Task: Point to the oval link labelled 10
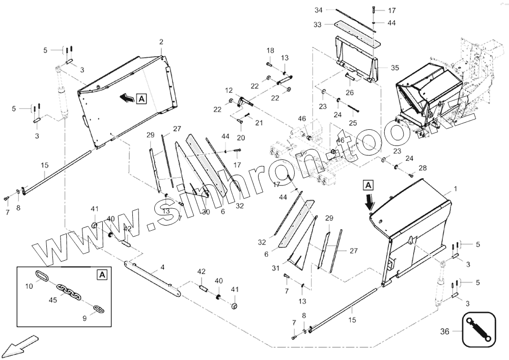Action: point(42,276)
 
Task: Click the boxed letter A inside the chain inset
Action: point(102,275)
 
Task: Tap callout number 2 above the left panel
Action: point(161,41)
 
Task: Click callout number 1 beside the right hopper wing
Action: point(455,189)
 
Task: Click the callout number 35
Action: point(395,67)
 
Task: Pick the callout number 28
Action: point(422,168)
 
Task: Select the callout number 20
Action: point(241,137)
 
